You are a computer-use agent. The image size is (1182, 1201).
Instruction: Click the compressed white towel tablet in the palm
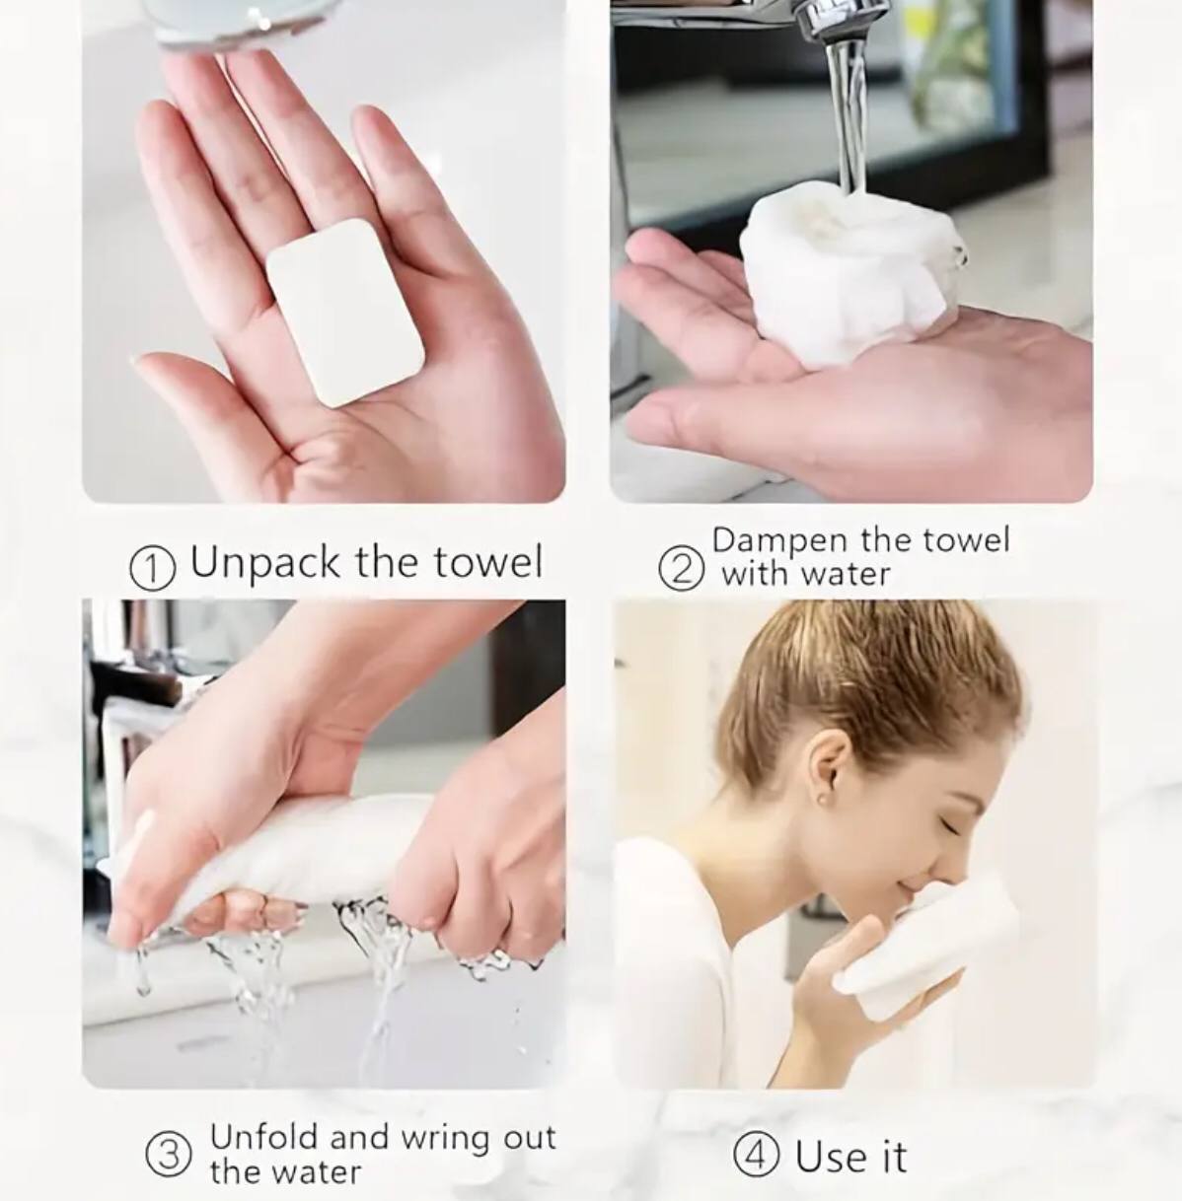tap(345, 312)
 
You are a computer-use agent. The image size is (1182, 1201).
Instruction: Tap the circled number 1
tap(153, 568)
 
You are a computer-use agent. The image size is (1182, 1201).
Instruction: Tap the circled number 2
tap(681, 569)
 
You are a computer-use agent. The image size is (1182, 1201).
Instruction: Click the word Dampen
tap(778, 541)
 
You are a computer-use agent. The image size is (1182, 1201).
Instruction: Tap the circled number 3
tap(168, 1155)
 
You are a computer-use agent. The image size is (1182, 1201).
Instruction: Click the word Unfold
tap(263, 1137)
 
